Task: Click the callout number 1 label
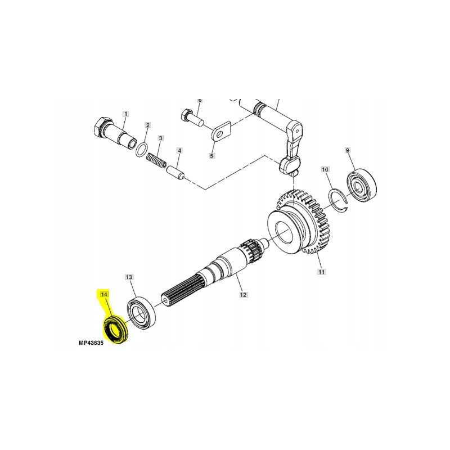tap(125, 114)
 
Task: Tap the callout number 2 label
tap(147, 125)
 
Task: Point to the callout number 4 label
tap(179, 151)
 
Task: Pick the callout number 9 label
tap(347, 150)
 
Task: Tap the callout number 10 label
tap(325, 169)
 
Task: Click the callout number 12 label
tap(244, 294)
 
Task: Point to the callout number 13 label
tap(129, 277)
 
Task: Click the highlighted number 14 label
tap(103, 294)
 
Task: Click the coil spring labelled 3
tap(158, 160)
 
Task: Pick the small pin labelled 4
tap(176, 169)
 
